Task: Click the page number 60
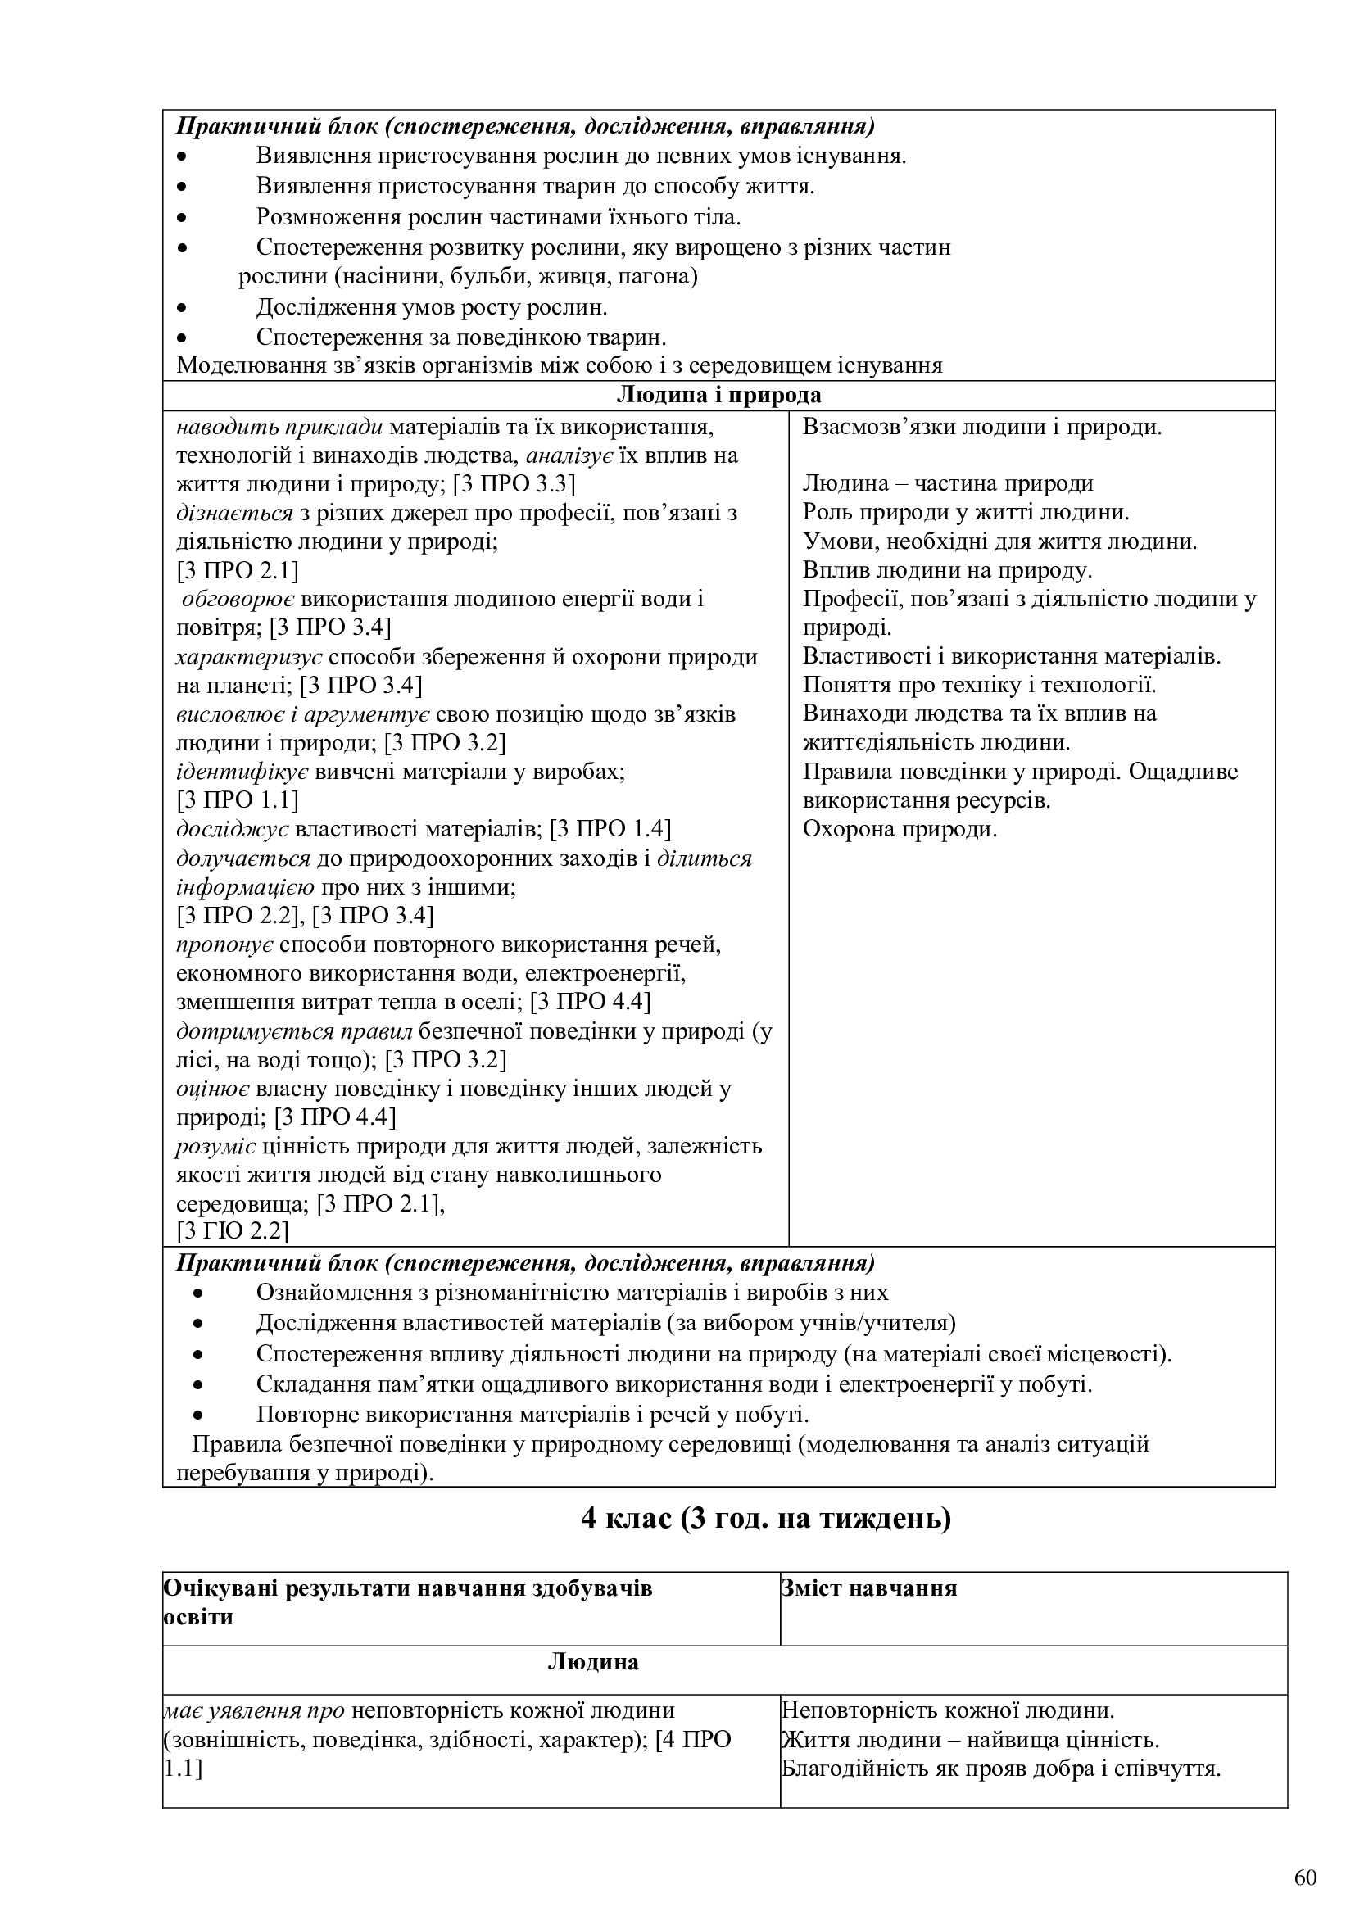[1305, 1877]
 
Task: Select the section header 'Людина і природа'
[718, 395]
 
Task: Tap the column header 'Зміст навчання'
[868, 1588]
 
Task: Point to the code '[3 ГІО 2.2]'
[232, 1231]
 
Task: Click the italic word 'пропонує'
[225, 944]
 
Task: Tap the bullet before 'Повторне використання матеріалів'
[198, 1415]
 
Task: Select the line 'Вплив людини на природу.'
[947, 570]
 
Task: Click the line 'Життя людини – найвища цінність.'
[970, 1740]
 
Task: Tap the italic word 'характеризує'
[250, 657]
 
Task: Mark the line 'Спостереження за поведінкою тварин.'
[460, 337]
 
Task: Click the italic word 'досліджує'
[233, 829]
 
